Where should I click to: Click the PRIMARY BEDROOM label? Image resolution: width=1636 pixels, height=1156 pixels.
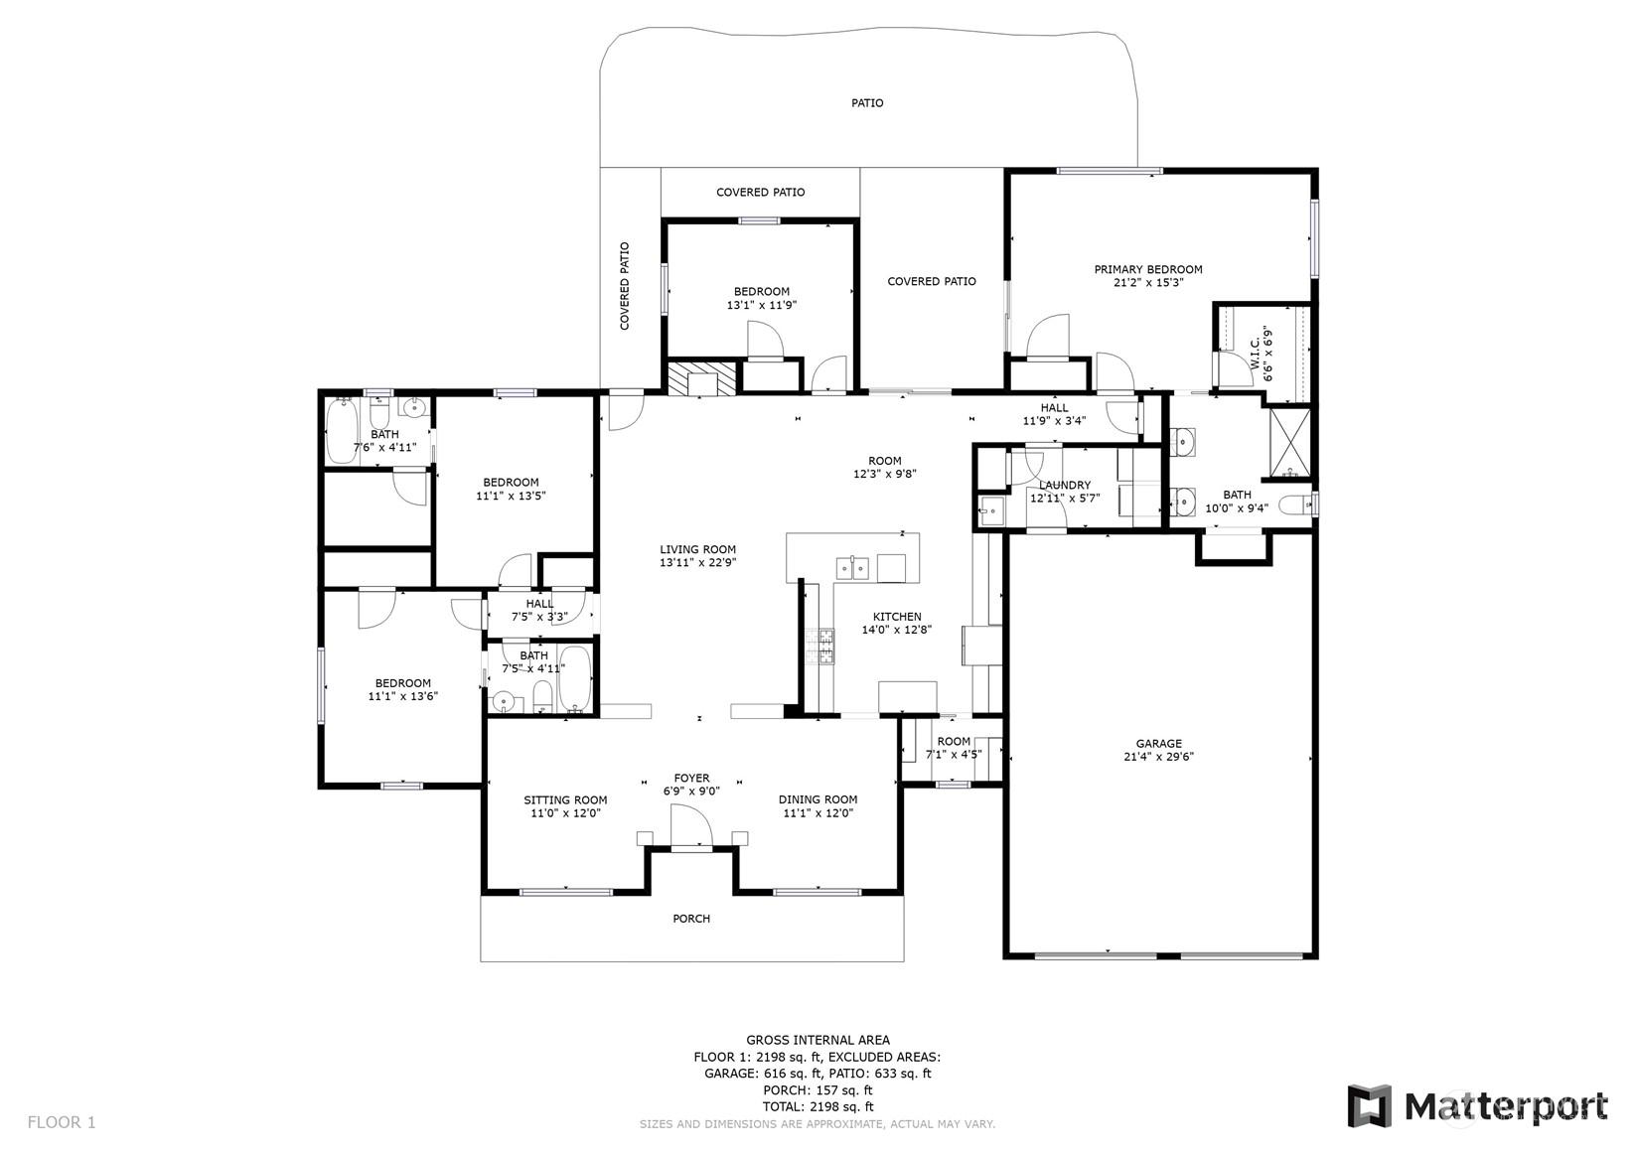(x=1148, y=269)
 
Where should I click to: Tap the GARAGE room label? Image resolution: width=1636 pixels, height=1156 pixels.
(x=1158, y=744)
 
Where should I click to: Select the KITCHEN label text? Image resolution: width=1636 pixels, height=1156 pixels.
(x=897, y=617)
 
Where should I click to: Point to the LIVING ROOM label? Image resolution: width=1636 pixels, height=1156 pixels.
(x=697, y=549)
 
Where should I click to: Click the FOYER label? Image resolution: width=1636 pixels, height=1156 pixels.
(x=691, y=778)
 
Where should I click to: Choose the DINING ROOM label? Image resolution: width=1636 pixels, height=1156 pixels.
(x=818, y=798)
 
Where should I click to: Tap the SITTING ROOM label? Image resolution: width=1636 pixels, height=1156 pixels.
(x=565, y=799)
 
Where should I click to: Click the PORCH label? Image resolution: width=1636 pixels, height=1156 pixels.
(x=691, y=918)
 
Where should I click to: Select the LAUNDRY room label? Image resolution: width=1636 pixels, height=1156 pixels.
(x=1064, y=485)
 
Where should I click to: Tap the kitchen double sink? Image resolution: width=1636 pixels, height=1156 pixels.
(x=851, y=567)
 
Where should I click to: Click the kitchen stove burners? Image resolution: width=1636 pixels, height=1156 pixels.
(x=818, y=647)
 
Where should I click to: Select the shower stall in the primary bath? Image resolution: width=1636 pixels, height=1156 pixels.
(x=1289, y=443)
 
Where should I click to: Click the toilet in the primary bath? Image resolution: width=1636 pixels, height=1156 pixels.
(x=1299, y=504)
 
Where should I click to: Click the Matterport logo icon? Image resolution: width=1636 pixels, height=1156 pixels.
(x=1370, y=1105)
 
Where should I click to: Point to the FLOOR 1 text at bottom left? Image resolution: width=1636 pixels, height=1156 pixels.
(x=62, y=1121)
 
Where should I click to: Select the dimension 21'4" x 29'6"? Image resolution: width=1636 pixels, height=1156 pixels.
(x=1158, y=757)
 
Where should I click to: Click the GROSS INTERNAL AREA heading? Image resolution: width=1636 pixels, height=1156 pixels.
(x=818, y=1040)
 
